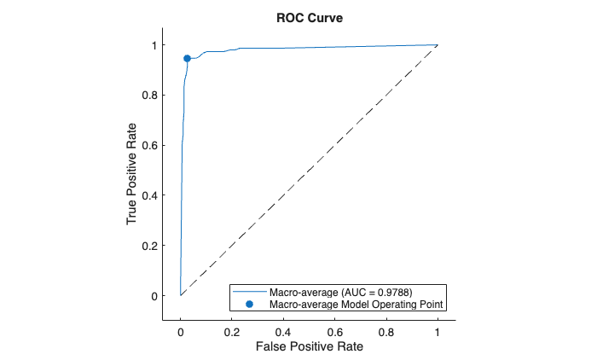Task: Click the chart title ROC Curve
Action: pyautogui.click(x=308, y=19)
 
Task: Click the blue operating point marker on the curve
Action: pyautogui.click(x=187, y=58)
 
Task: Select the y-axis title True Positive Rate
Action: pyautogui.click(x=132, y=171)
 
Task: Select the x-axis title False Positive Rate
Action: pyautogui.click(x=308, y=347)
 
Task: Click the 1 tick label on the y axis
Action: pyautogui.click(x=154, y=45)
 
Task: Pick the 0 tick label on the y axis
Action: pyautogui.click(x=154, y=296)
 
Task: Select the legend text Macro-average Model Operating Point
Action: pyautogui.click(x=357, y=304)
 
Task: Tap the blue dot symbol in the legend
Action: pyautogui.click(x=249, y=304)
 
